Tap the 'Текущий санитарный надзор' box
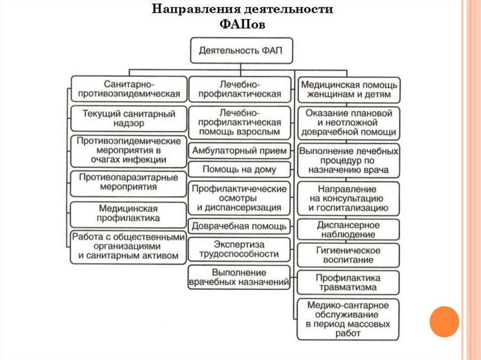click(x=129, y=119)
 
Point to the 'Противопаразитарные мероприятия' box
click(x=129, y=183)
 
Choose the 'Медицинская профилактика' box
click(x=129, y=214)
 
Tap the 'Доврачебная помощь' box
click(x=239, y=226)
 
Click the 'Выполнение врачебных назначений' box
click(x=239, y=277)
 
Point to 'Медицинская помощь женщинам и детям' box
click(x=349, y=90)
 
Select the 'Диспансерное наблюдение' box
click(x=349, y=230)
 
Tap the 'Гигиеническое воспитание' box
click(x=349, y=255)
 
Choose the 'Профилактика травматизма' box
click(x=349, y=282)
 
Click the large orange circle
click(x=444, y=322)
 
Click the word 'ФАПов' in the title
click(x=242, y=24)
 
